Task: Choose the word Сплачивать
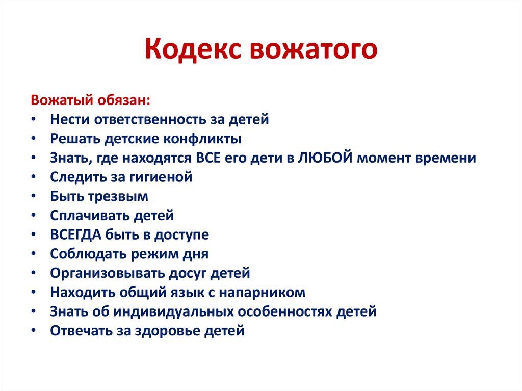click(90, 216)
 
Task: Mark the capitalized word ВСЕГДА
click(76, 235)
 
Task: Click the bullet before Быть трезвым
click(33, 197)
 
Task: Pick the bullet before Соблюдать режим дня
click(33, 254)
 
